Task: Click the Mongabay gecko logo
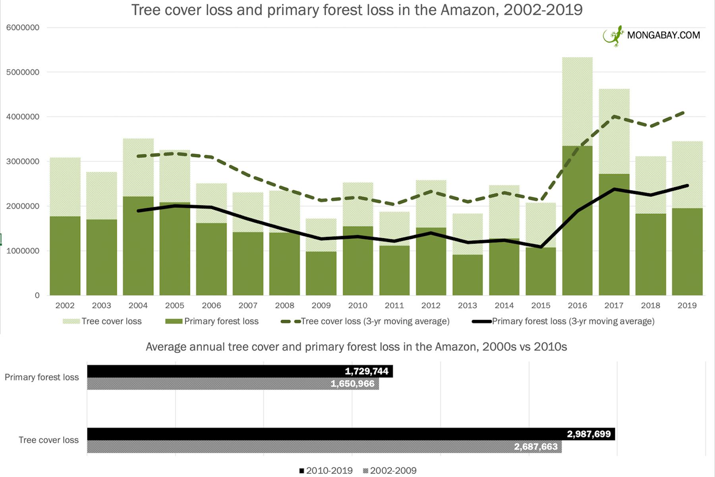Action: (613, 36)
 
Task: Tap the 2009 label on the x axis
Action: (321, 305)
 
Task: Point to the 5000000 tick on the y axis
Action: (23, 72)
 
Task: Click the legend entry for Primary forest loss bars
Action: (213, 321)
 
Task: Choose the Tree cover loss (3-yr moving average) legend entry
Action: (365, 321)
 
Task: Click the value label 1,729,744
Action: (366, 371)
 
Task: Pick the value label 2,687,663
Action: (535, 447)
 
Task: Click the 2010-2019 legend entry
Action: (326, 471)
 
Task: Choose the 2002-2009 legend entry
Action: (390, 471)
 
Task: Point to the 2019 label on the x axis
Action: (687, 305)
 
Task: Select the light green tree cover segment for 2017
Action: (614, 131)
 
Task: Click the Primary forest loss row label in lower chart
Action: (42, 377)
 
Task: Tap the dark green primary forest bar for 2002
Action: (65, 256)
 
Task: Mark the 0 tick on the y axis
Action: (37, 295)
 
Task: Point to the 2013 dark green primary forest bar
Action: (468, 275)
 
